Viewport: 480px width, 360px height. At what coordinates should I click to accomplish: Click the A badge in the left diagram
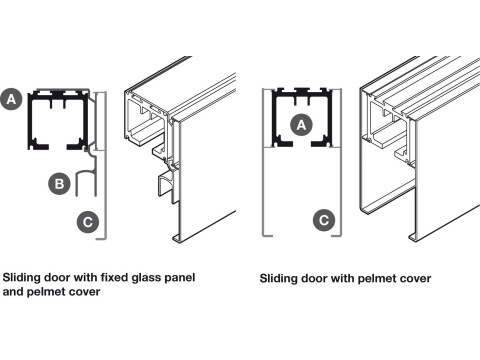click(x=11, y=99)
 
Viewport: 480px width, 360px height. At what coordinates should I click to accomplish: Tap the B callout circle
click(x=59, y=184)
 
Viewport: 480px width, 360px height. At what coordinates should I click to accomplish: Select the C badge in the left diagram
click(x=88, y=222)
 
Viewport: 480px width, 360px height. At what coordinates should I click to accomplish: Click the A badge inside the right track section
click(x=301, y=125)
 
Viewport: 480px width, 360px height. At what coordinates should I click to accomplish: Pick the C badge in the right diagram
click(x=324, y=220)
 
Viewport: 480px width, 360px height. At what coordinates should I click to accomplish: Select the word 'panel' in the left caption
click(x=180, y=278)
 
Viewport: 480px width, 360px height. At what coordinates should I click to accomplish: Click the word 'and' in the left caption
click(x=13, y=292)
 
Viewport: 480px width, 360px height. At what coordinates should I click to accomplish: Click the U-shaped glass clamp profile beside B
click(x=77, y=182)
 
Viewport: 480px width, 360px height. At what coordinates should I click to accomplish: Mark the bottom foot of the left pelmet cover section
click(x=101, y=238)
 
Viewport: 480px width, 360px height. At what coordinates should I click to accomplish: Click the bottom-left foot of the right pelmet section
click(x=267, y=235)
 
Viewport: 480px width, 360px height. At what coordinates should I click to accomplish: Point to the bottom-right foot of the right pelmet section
click(x=336, y=235)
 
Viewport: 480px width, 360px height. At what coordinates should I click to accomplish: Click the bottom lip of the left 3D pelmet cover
click(x=176, y=238)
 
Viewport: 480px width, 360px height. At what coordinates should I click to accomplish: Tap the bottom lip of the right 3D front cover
click(x=413, y=237)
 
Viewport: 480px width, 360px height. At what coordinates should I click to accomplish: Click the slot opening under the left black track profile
click(x=58, y=147)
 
